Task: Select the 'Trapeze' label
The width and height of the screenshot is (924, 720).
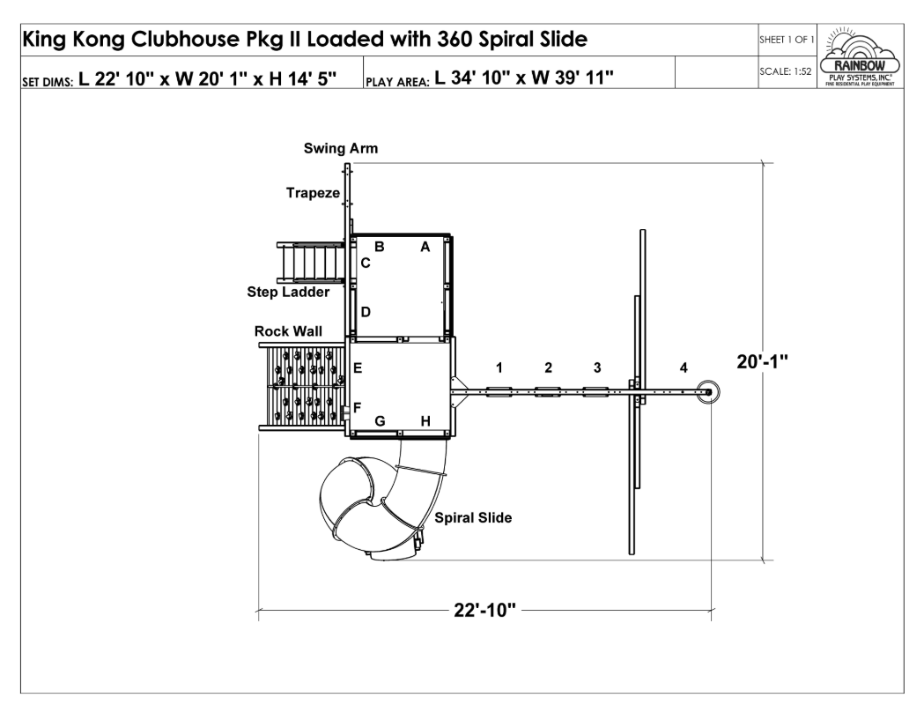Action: [312, 192]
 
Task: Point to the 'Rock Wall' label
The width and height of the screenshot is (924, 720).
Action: [288, 331]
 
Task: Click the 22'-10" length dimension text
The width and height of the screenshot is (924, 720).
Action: [484, 611]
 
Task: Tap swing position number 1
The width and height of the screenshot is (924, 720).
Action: [499, 367]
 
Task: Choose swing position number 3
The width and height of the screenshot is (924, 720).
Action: [597, 367]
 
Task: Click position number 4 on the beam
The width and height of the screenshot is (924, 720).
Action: [684, 367]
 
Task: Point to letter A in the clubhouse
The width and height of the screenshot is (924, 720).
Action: [425, 248]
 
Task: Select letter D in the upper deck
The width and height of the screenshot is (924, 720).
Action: [366, 312]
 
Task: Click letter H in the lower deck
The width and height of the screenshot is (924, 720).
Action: [425, 421]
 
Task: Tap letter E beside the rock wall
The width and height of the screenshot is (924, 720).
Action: [358, 368]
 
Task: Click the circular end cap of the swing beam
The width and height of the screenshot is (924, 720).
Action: [707, 392]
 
